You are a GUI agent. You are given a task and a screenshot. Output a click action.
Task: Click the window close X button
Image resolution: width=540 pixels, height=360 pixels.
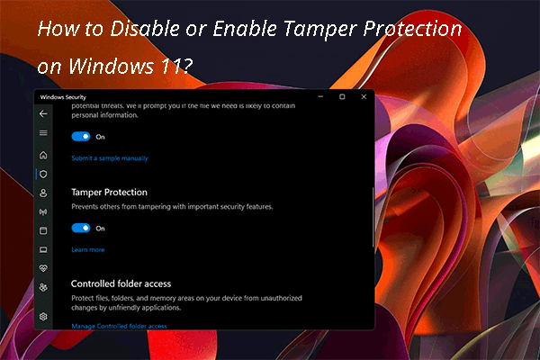363,96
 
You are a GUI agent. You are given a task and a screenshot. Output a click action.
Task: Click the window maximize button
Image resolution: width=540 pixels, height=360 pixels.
342,96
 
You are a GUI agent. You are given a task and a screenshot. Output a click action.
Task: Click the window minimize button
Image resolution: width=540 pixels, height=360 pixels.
321,96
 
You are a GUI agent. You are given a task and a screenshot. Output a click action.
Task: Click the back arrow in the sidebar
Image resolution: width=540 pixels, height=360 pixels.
43,114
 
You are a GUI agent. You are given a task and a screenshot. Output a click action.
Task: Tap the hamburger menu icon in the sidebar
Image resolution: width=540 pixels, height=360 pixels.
43,133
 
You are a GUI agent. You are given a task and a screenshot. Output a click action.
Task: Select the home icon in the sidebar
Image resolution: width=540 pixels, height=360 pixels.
43,155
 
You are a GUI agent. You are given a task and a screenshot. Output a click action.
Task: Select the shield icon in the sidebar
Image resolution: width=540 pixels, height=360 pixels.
43,174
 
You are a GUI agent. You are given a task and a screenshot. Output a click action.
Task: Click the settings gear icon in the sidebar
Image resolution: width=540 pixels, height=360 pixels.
43,317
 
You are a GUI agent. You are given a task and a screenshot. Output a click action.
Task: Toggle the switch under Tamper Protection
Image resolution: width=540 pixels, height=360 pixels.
81,229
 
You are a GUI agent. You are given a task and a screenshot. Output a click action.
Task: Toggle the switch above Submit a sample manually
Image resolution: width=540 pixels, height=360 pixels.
81,137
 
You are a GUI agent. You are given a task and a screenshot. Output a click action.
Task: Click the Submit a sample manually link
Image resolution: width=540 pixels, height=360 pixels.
110,158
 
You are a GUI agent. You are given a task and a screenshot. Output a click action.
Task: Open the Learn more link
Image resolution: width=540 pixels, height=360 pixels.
88,249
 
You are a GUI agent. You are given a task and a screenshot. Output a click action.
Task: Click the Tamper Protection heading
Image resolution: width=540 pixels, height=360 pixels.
109,192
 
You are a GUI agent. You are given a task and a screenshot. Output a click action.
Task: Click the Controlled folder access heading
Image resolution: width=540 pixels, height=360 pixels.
121,283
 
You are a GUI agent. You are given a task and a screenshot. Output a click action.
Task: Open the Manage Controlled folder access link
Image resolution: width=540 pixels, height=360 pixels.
119,326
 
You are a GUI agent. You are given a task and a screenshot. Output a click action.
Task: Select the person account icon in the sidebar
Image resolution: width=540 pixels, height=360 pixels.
43,193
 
